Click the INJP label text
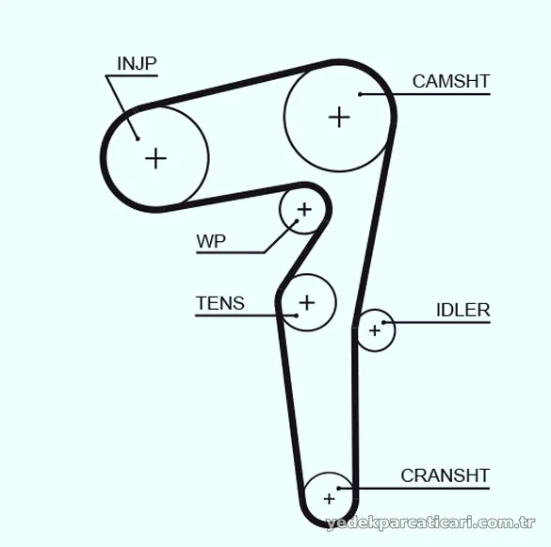click(137, 64)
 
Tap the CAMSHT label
click(451, 81)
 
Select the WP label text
click(211, 241)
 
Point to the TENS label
click(220, 303)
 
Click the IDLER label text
click(462, 310)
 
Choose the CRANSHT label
click(446, 475)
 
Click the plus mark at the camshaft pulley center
click(339, 117)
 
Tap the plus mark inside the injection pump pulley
click(155, 158)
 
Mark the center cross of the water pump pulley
click(304, 210)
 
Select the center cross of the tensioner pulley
click(307, 303)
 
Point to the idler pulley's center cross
click(375, 330)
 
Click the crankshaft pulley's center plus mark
click(330, 499)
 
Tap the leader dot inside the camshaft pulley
click(360, 94)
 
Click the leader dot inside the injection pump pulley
click(138, 138)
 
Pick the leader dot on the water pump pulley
click(297, 221)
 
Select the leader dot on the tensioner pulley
click(297, 315)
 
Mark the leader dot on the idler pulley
click(383, 322)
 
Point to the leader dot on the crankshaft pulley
click(339, 489)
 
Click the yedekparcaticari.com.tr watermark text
click(430, 523)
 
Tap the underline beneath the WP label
click(230, 252)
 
